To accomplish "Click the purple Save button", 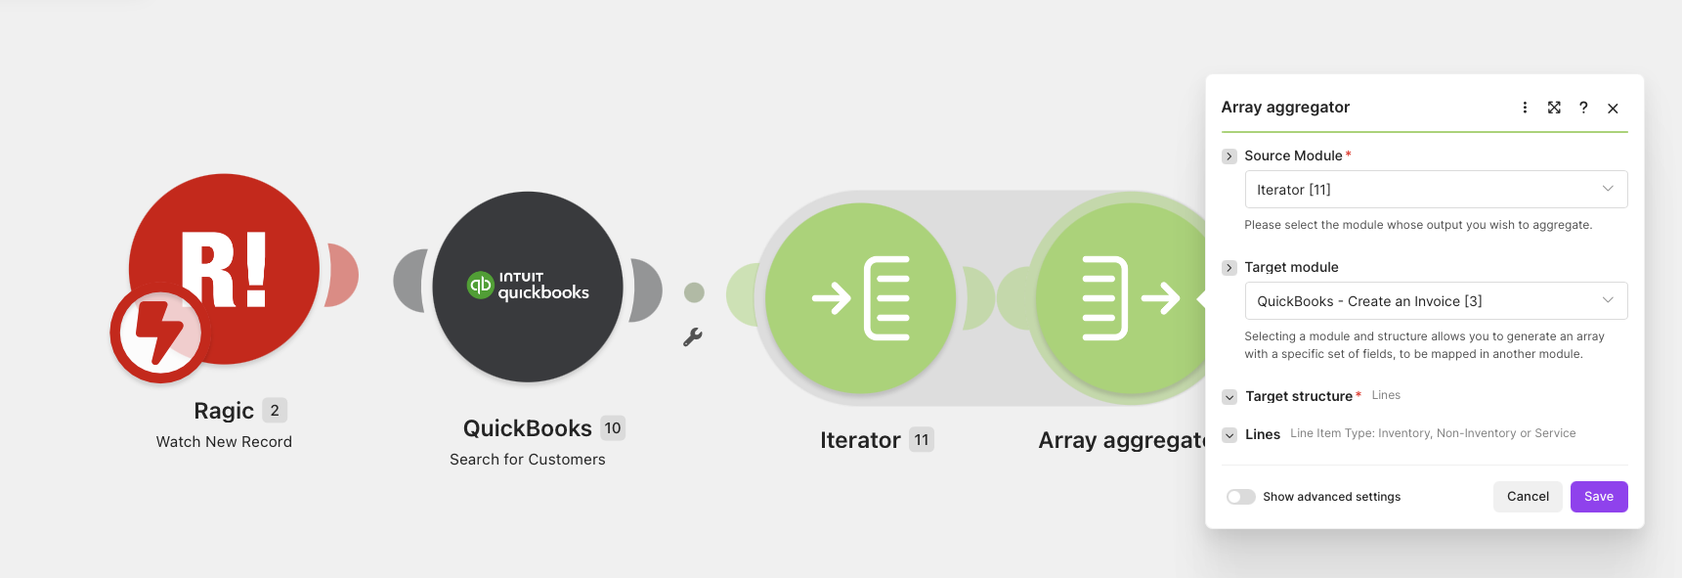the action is tap(1598, 497).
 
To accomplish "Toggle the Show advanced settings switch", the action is tap(1240, 497).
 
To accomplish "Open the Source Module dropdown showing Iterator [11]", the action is tap(1435, 190).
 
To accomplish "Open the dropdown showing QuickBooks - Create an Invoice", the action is tap(1435, 301).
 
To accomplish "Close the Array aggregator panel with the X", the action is tap(1613, 109).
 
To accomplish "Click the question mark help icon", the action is tap(1583, 108).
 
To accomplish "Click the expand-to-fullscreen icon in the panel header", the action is tap(1554, 108).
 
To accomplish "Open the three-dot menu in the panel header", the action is tap(1525, 108).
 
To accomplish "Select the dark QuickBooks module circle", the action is tap(528, 287).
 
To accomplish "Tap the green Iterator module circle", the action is tap(860, 298).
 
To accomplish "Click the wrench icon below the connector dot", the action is tap(693, 337).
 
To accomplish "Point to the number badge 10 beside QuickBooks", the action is tap(613, 428).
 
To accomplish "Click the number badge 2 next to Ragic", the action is tap(275, 411).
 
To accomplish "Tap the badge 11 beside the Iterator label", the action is tap(922, 440).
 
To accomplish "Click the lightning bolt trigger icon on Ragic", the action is tap(160, 333).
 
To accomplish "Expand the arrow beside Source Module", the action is tap(1229, 156).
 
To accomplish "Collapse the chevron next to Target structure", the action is tap(1229, 397).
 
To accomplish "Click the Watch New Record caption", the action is tap(224, 442).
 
